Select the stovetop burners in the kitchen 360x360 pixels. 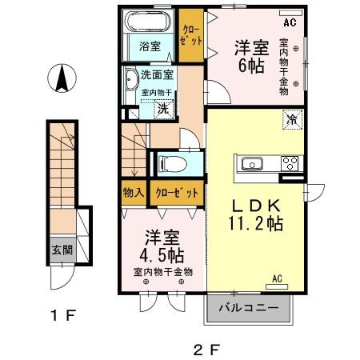[x=289, y=163]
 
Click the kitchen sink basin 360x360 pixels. [x=251, y=164]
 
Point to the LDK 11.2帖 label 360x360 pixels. [x=257, y=214]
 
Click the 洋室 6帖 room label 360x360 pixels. [x=250, y=58]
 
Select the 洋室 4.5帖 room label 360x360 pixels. [x=162, y=247]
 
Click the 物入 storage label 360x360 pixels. [x=134, y=193]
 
